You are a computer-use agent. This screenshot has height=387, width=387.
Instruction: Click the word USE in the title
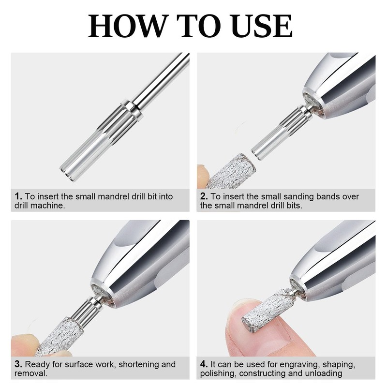click(x=263, y=26)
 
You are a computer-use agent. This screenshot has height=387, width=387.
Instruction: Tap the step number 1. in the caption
click(x=18, y=196)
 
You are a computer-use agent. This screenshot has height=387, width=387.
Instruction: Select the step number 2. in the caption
click(x=204, y=196)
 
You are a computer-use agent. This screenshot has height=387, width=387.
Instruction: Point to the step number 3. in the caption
click(x=18, y=364)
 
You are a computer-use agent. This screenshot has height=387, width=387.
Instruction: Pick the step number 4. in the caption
click(x=204, y=364)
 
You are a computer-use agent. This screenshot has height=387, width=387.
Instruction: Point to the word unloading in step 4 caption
click(x=323, y=373)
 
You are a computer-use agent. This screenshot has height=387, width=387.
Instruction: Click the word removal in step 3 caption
click(x=30, y=373)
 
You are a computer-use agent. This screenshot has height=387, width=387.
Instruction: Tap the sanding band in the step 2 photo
click(x=231, y=171)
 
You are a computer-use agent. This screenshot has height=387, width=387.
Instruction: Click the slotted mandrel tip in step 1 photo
click(x=68, y=172)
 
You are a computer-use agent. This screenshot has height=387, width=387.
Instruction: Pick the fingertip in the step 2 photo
click(x=203, y=176)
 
